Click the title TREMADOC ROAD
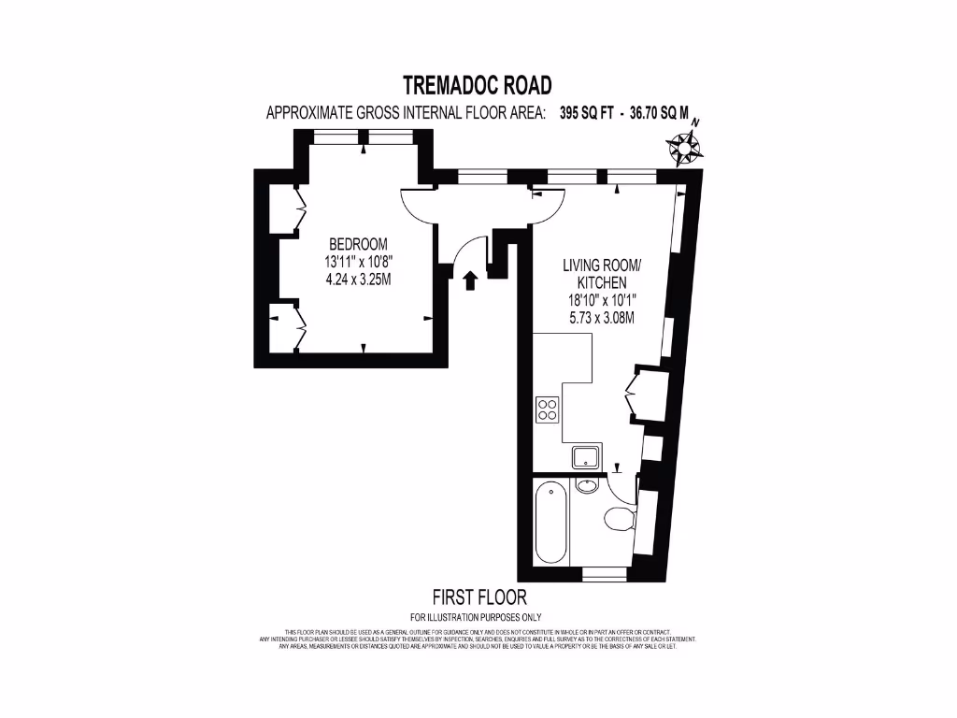478,85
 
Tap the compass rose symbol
686,146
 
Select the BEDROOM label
350,245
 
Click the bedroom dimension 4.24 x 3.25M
350,279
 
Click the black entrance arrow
470,280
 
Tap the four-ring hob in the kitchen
548,409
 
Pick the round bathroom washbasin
587,485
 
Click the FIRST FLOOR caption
478,596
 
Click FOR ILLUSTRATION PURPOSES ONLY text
477,617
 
